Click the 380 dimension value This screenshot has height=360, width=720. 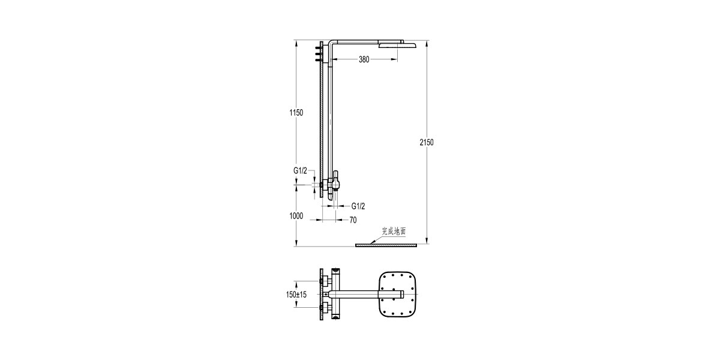[x=364, y=59]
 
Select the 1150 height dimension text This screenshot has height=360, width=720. [x=296, y=113]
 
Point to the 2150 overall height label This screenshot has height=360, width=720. [x=427, y=142]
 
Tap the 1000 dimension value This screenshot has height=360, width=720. [x=296, y=215]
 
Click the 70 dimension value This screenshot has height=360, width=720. [x=353, y=220]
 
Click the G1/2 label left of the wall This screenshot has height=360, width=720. [x=300, y=170]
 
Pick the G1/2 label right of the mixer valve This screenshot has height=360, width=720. [x=358, y=206]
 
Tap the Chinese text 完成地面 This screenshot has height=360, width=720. [x=394, y=230]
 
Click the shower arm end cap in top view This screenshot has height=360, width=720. [x=400, y=294]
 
